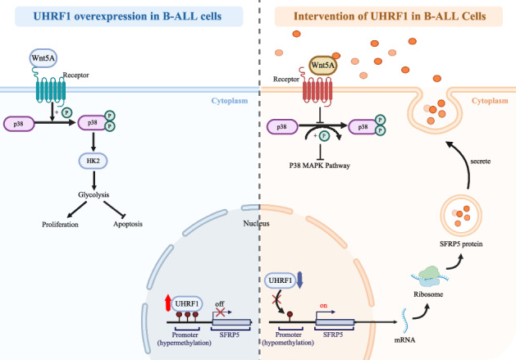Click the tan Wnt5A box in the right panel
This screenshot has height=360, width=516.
coord(324,66)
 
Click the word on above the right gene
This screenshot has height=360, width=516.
coord(324,303)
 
